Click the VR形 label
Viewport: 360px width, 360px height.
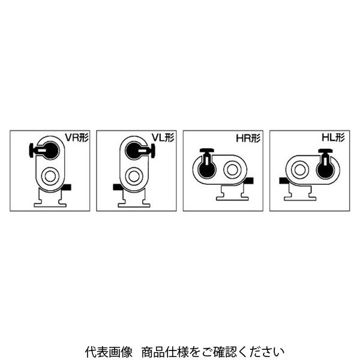pyautogui.click(x=76, y=138)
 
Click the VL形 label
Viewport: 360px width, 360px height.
pyautogui.click(x=163, y=138)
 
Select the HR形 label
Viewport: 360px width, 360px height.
pyautogui.click(x=248, y=139)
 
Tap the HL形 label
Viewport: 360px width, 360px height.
pyautogui.click(x=333, y=137)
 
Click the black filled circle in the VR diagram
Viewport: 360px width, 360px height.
pyautogui.click(x=50, y=151)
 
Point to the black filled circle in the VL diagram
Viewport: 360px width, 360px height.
pyautogui.click(x=134, y=151)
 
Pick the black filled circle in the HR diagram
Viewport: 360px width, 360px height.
pyautogui.click(x=207, y=169)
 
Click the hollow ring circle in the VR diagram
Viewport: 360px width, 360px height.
pyautogui.click(x=50, y=176)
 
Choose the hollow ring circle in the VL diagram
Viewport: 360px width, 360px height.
pyautogui.click(x=134, y=176)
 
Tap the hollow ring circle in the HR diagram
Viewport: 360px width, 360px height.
pyautogui.click(x=232, y=169)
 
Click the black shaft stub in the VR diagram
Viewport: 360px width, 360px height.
pyautogui.click(x=67, y=187)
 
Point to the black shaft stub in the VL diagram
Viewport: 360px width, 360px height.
pyautogui.click(x=118, y=187)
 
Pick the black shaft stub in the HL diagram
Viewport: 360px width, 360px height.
pyautogui.click(x=284, y=181)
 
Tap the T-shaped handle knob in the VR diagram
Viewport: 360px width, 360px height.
pyautogui.click(x=33, y=150)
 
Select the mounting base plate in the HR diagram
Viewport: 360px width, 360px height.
pyautogui.click(x=232, y=193)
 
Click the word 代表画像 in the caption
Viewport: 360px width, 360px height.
pyautogui.click(x=109, y=352)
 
